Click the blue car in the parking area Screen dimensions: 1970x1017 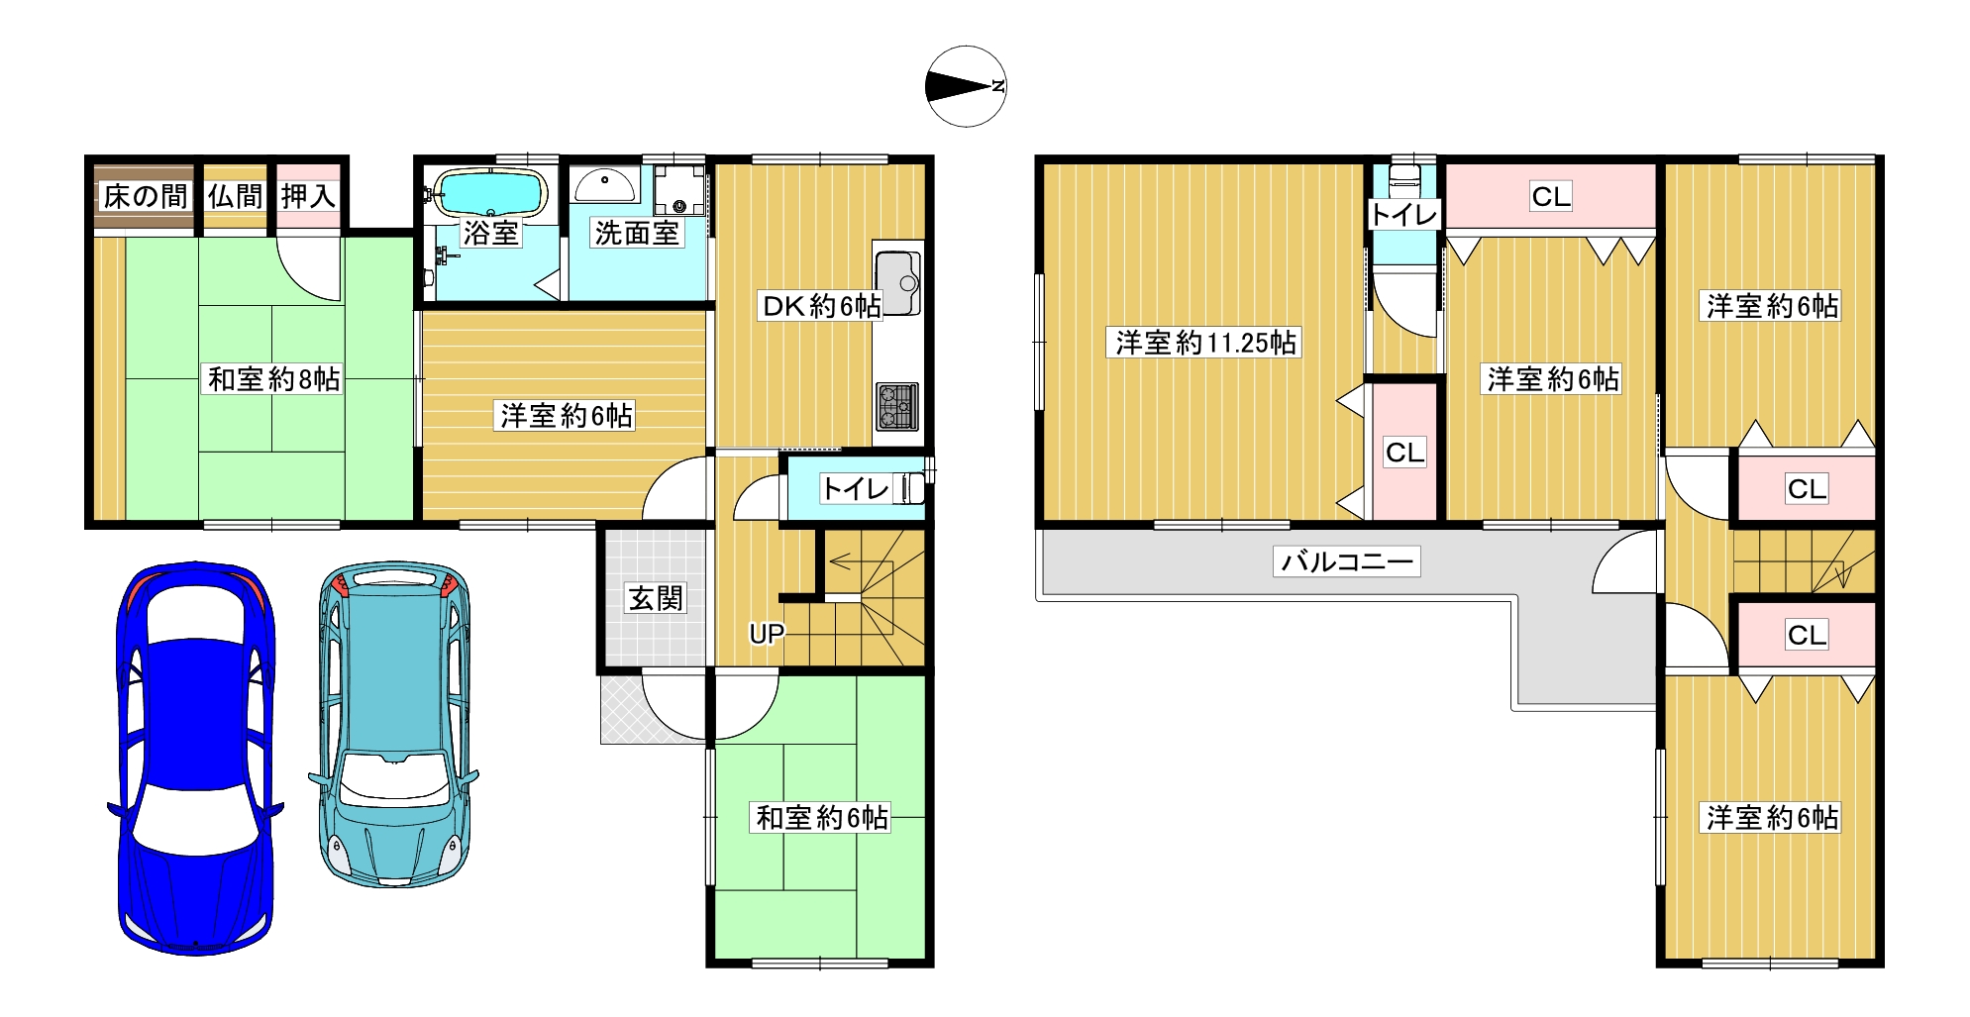tap(194, 759)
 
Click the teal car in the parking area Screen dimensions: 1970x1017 tap(394, 724)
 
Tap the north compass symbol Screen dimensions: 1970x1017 tap(966, 86)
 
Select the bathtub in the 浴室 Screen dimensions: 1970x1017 tap(491, 192)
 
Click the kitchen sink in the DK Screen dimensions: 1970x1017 tap(898, 283)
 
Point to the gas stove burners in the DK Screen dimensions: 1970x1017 tap(897, 406)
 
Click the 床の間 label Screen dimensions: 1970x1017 tap(145, 196)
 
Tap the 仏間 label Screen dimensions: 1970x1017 tap(236, 196)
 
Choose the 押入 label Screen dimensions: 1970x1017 tap(308, 196)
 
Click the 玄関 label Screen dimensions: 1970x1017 tap(656, 598)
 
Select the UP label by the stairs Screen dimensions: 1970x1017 tap(767, 634)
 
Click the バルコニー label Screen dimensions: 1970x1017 tap(1347, 561)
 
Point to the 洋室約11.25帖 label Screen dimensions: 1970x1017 tap(1205, 343)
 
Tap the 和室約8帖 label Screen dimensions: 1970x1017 tap(274, 378)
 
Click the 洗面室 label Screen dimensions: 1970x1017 tap(637, 233)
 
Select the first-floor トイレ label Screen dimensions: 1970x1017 tap(856, 488)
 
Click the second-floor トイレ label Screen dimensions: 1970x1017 tap(1403, 214)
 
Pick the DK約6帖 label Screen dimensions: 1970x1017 tap(821, 306)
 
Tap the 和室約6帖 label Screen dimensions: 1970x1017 tap(822, 817)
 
